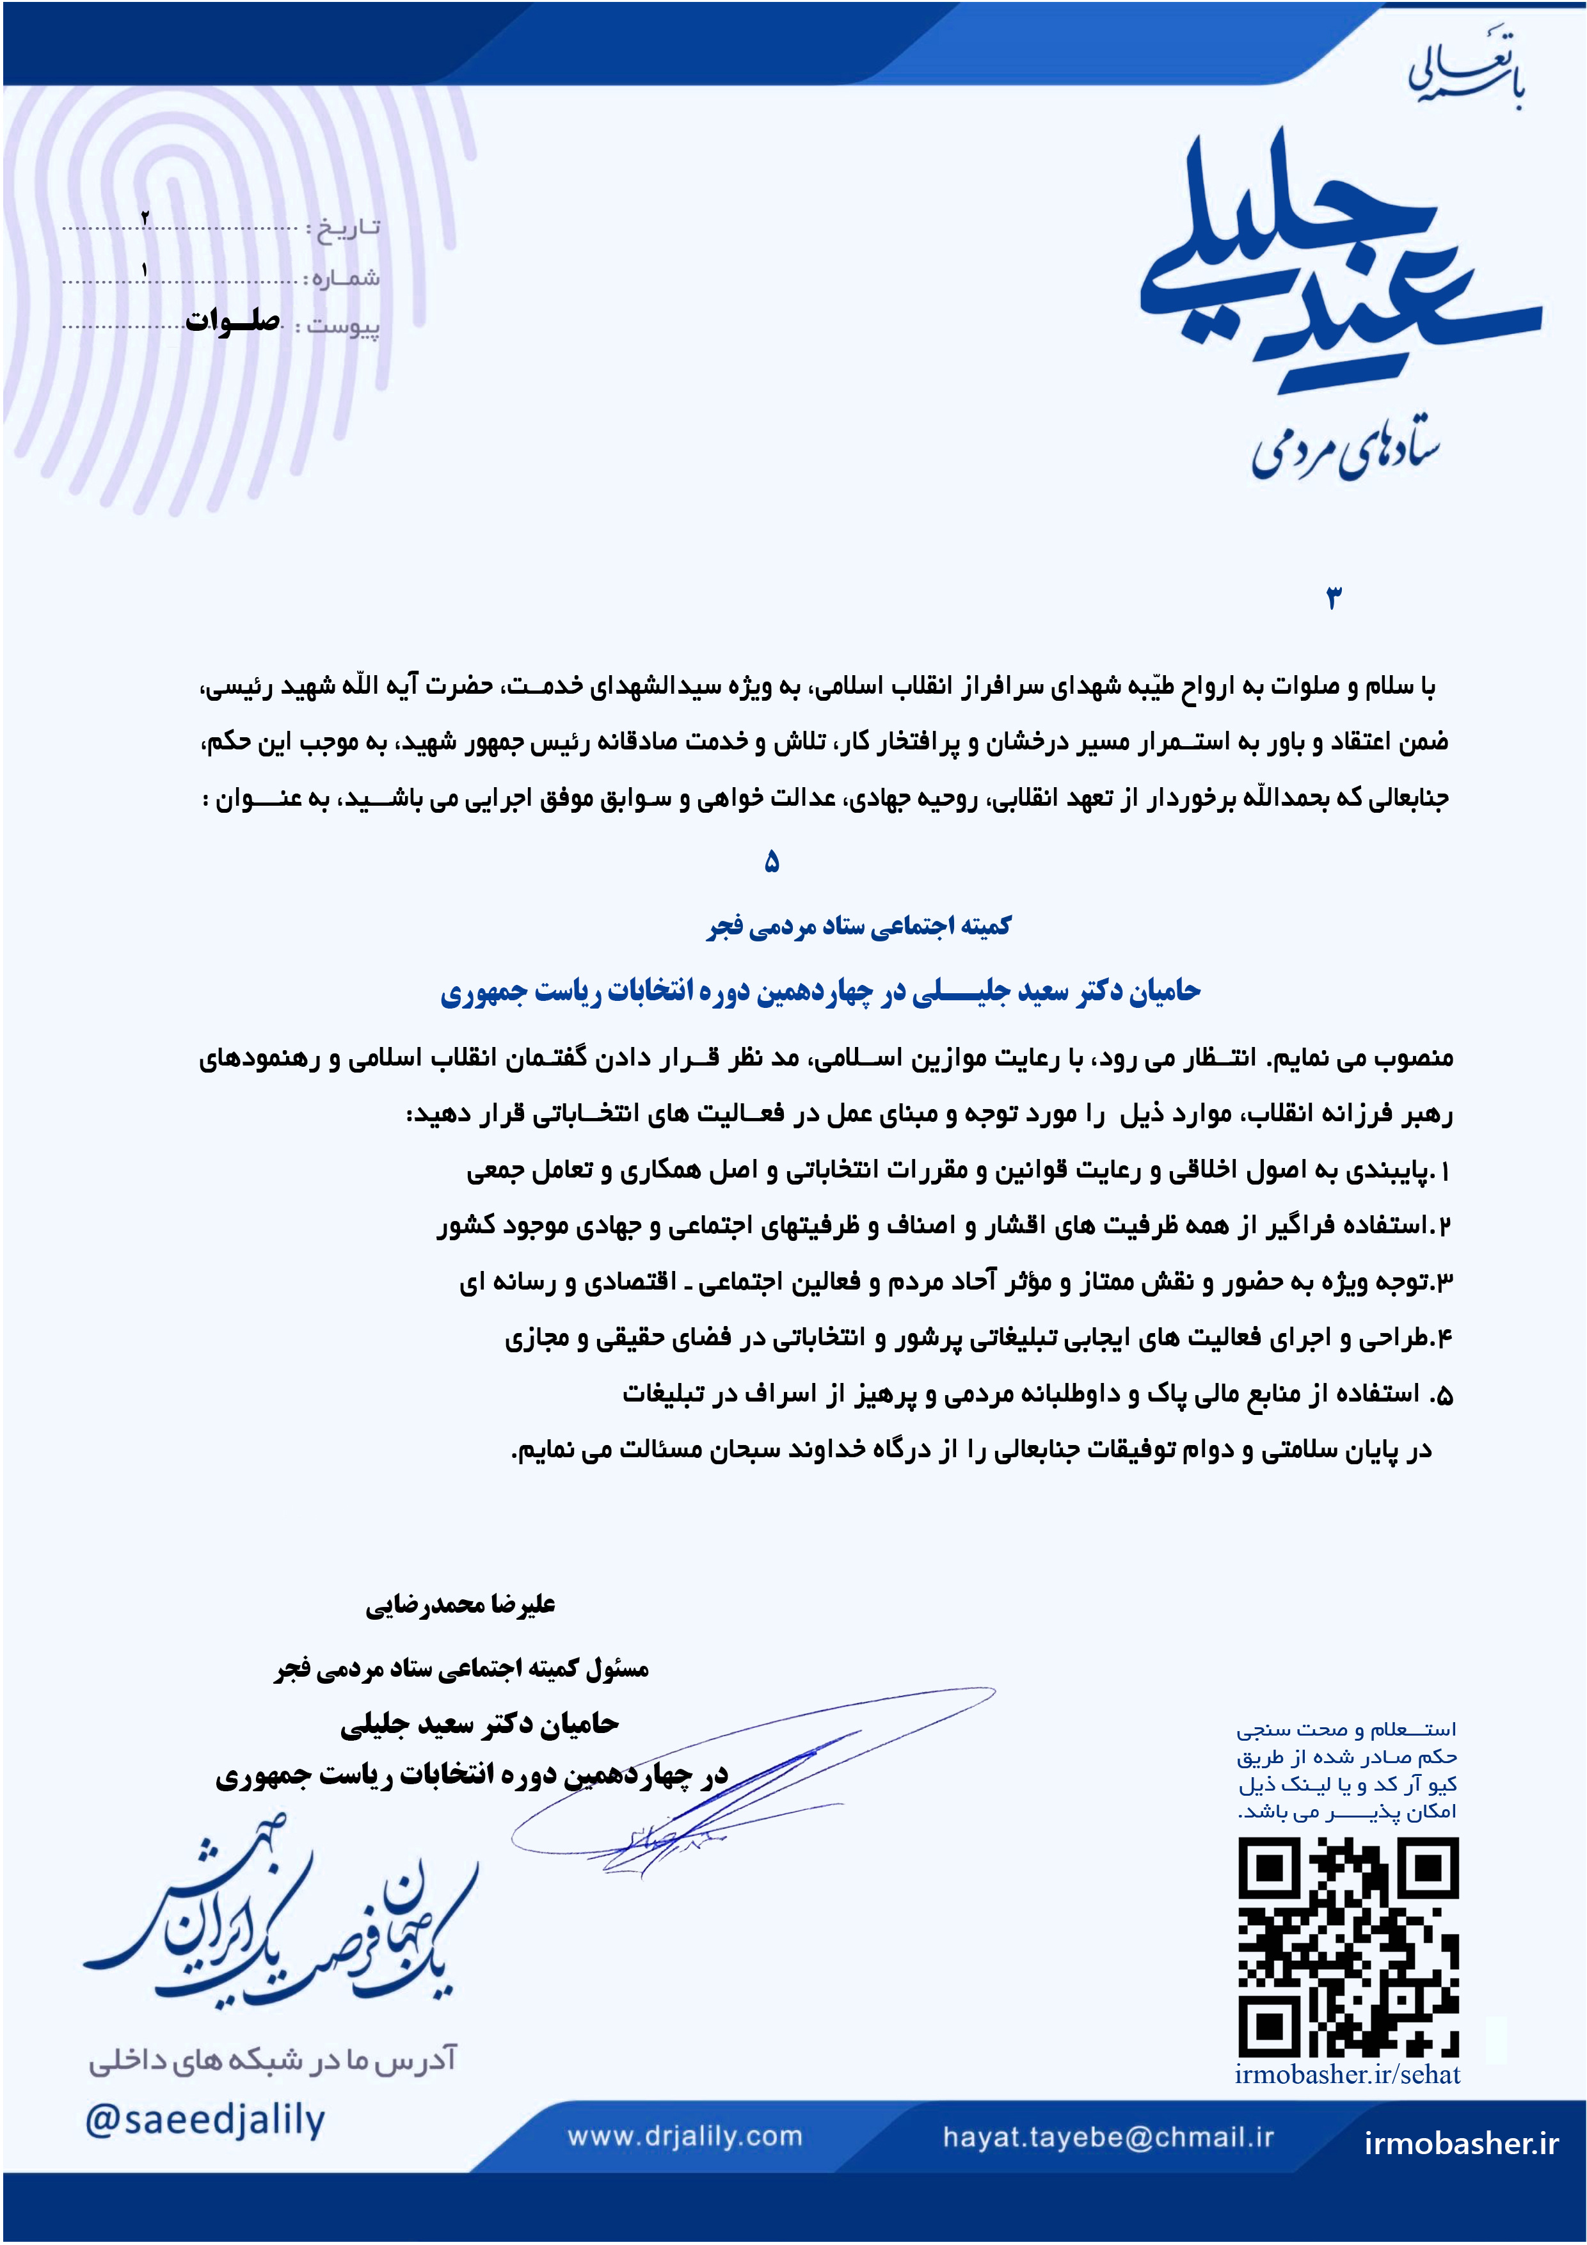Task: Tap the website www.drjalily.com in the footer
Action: click(685, 2136)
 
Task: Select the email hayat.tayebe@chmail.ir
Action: click(1108, 2136)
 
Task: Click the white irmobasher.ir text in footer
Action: click(1461, 2143)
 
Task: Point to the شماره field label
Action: click(342, 278)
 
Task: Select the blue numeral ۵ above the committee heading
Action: click(772, 861)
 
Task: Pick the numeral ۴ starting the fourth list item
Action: click(1444, 1339)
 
